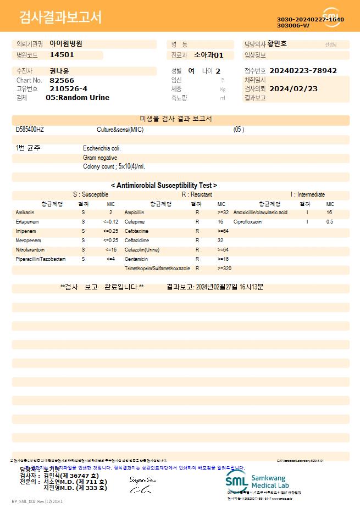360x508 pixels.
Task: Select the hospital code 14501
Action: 62,55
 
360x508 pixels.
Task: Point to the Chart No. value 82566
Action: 62,80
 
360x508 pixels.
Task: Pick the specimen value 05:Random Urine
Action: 77,97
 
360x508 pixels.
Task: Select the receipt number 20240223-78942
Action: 303,71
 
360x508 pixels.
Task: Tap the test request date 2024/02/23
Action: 293,88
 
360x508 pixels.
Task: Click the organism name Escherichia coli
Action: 102,148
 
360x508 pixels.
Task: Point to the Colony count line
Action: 114,166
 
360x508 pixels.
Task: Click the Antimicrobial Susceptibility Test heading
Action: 164,186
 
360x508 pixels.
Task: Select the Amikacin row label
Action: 25,212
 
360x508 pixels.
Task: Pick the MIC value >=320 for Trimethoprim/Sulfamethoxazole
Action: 224,269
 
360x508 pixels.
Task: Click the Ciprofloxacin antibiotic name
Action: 247,221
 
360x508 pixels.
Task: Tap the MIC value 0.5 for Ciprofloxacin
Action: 330,221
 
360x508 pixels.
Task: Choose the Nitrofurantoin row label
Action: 30,249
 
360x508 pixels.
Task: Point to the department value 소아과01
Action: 209,55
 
